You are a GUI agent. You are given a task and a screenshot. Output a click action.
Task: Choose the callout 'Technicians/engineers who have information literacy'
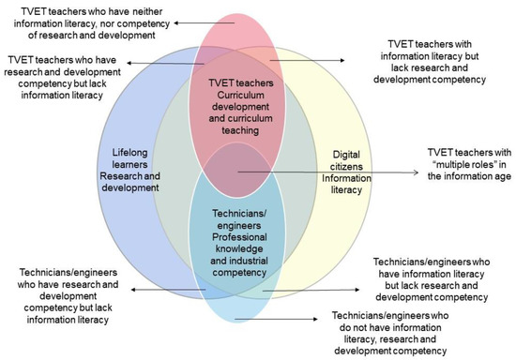tap(436, 277)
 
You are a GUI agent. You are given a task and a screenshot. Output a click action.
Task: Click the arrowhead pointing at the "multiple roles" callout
tap(415, 172)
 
